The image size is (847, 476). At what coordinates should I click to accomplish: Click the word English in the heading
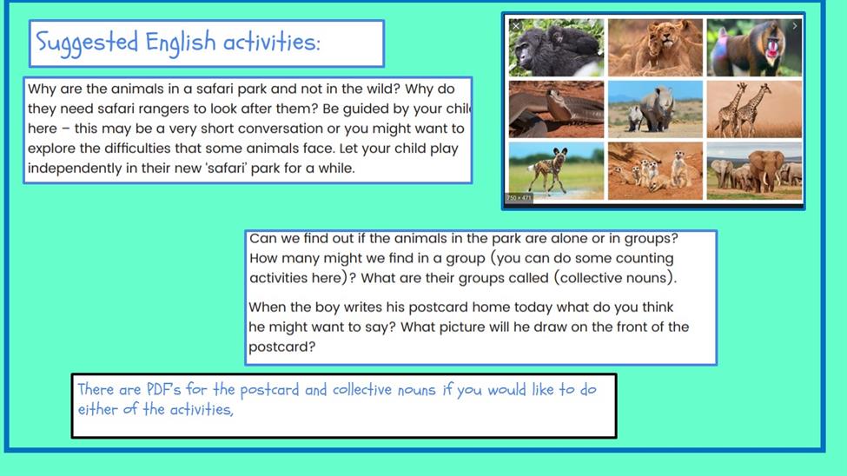tap(181, 43)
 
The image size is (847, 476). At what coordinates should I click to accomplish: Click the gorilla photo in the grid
tap(556, 48)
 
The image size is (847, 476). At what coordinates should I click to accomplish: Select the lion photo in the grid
tap(655, 48)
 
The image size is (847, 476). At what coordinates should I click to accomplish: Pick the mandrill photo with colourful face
tap(754, 48)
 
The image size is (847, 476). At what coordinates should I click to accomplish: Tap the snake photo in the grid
tap(556, 109)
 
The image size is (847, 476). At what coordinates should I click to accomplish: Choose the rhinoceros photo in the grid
tap(655, 109)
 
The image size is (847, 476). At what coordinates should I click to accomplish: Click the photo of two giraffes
tap(754, 109)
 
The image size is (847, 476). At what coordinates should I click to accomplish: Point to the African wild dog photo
tap(556, 171)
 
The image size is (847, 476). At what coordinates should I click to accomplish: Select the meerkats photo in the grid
tap(655, 171)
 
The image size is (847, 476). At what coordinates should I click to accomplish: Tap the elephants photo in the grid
tap(754, 171)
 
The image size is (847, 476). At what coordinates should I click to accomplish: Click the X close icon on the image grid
tap(516, 25)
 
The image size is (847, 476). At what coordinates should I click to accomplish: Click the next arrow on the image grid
tap(795, 25)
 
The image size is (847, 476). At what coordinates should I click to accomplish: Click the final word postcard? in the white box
tap(282, 347)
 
